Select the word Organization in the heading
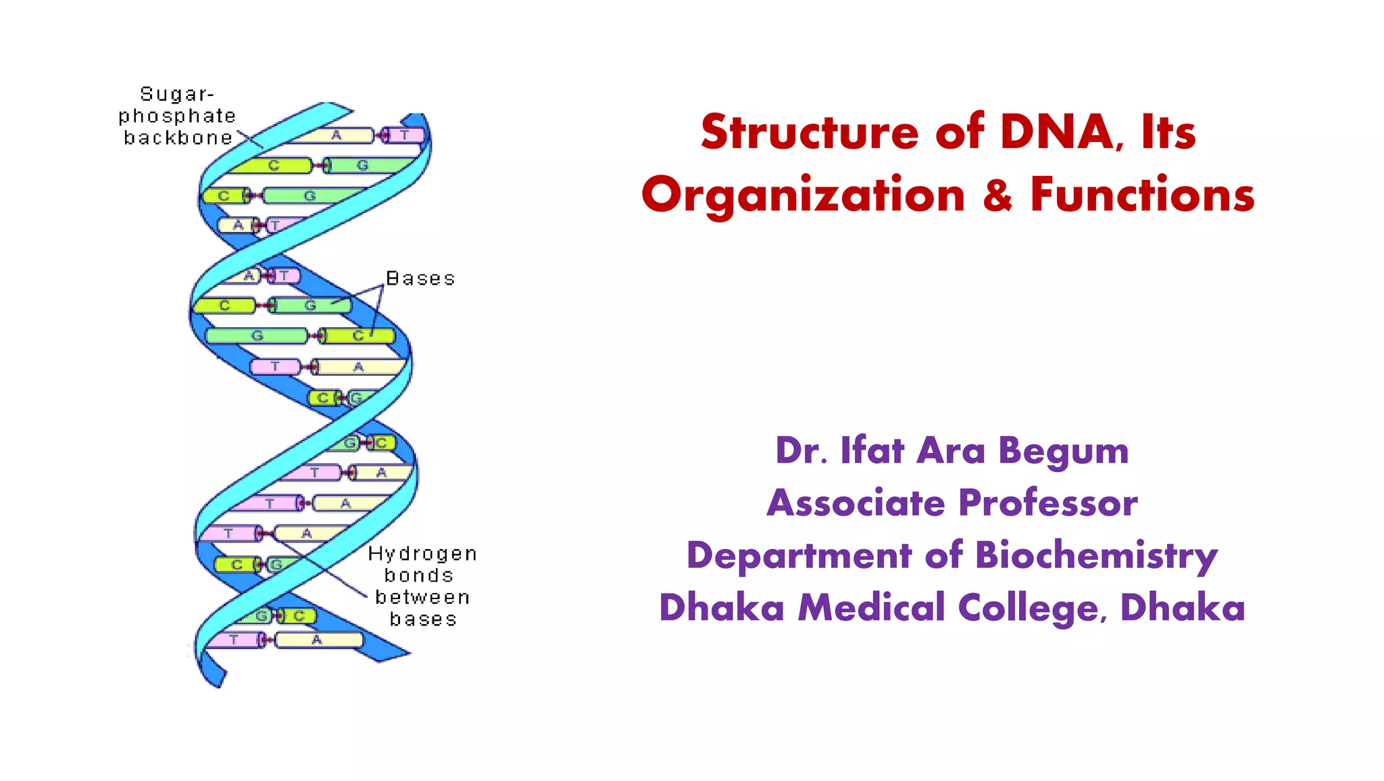click(803, 195)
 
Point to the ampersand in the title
click(997, 195)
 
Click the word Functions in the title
click(1141, 195)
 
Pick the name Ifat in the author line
click(872, 450)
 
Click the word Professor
click(1048, 503)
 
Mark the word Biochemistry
click(1096, 556)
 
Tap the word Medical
click(871, 607)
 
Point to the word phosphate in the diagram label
click(177, 116)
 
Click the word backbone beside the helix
click(178, 138)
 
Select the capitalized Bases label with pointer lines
click(420, 279)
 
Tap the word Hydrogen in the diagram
click(422, 554)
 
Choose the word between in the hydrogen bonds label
click(422, 598)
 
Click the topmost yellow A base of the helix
click(336, 135)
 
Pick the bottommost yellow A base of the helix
click(317, 640)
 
